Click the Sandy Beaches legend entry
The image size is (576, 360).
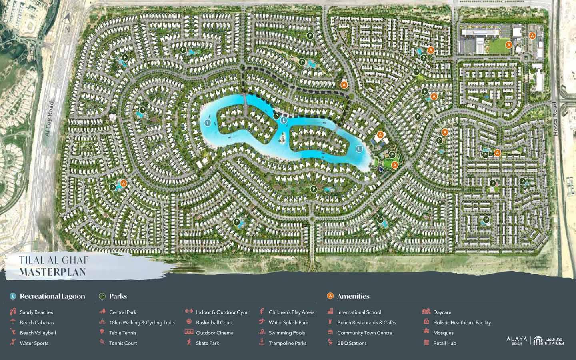click(36, 312)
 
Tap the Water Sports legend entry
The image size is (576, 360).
click(34, 343)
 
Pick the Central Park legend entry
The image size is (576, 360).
click(122, 312)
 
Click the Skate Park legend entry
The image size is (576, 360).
click(207, 343)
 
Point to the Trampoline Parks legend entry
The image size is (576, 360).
click(287, 343)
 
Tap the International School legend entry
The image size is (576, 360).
click(359, 312)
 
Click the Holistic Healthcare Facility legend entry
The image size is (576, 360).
click(462, 322)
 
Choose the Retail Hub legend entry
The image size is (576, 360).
click(444, 343)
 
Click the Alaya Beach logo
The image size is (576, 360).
click(517, 340)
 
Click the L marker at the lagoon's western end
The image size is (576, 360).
click(207, 122)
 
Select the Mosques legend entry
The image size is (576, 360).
click(443, 333)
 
